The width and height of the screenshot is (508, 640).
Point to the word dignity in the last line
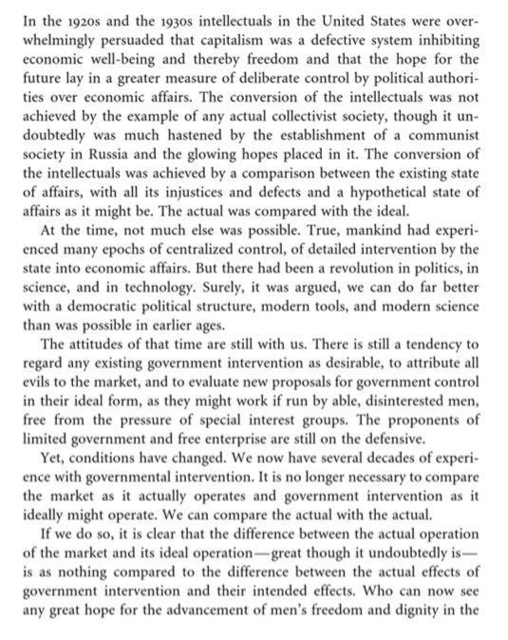(x=419, y=598)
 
